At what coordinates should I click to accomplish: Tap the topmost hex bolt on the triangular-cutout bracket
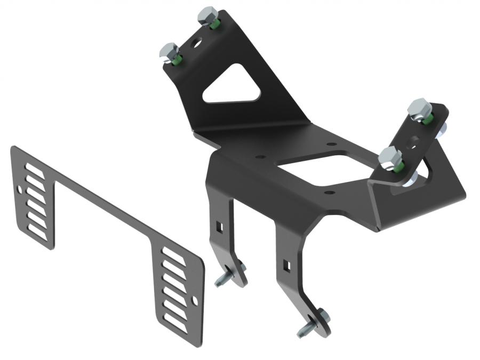point(207,15)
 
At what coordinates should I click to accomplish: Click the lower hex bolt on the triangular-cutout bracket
point(170,52)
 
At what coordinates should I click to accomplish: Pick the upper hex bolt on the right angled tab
point(419,109)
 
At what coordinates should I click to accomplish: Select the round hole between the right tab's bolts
point(413,142)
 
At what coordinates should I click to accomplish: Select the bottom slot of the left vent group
point(37,231)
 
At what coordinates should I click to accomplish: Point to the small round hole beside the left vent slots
point(20,189)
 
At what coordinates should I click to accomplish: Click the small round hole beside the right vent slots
point(195,301)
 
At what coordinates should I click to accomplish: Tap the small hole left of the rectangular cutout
point(261,157)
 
